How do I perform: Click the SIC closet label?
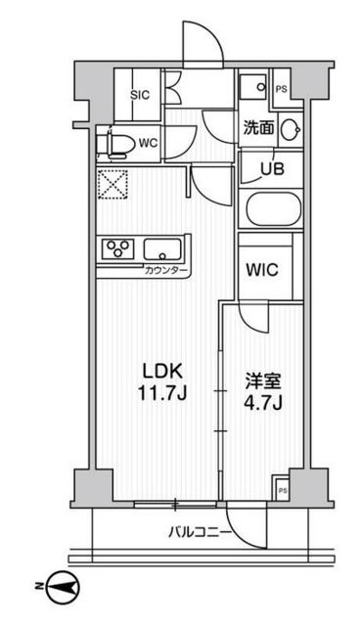tap(139, 97)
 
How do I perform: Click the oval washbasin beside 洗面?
tap(290, 128)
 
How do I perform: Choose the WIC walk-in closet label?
tap(264, 268)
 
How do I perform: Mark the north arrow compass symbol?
tap(61, 587)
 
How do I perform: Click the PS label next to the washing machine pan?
tap(282, 89)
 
